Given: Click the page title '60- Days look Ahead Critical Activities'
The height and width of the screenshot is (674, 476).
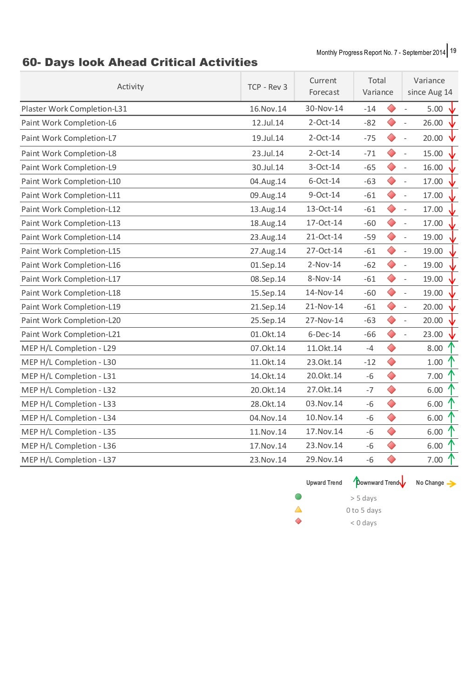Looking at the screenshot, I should [140, 62].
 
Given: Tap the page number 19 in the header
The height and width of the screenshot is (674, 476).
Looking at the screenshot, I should [453, 51].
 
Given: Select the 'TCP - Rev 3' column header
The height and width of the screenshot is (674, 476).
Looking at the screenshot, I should [267, 87].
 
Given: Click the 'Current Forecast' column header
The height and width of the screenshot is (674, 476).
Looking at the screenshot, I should [324, 86].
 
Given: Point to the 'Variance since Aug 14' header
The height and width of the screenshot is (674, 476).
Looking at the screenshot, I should [430, 86].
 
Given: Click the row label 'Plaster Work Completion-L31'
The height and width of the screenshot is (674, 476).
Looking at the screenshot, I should [74, 109].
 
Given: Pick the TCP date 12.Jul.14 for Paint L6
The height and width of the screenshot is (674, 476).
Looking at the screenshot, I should [268, 123].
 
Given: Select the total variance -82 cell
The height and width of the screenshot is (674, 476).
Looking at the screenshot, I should [370, 123].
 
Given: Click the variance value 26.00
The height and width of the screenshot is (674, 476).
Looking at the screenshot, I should [432, 123].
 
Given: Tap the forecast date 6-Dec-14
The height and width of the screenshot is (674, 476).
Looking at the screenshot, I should [324, 334].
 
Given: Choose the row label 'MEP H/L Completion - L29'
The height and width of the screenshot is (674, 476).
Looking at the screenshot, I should [69, 348].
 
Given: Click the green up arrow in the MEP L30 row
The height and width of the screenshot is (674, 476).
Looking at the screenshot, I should [451, 361].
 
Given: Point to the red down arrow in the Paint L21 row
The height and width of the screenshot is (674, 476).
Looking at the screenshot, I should [452, 334].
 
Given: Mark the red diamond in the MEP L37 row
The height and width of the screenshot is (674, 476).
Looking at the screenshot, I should [391, 459].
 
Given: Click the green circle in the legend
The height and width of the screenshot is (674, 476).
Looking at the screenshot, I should [298, 497].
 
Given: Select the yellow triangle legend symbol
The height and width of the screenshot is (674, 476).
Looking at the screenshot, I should [298, 509].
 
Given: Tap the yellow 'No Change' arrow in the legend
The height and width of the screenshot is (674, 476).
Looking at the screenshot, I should [451, 484].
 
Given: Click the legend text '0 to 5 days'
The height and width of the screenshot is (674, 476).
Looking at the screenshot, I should [364, 510].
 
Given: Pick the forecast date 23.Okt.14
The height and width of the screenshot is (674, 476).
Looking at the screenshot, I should [324, 362].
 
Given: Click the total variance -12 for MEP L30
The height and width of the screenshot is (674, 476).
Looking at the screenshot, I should [370, 362].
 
